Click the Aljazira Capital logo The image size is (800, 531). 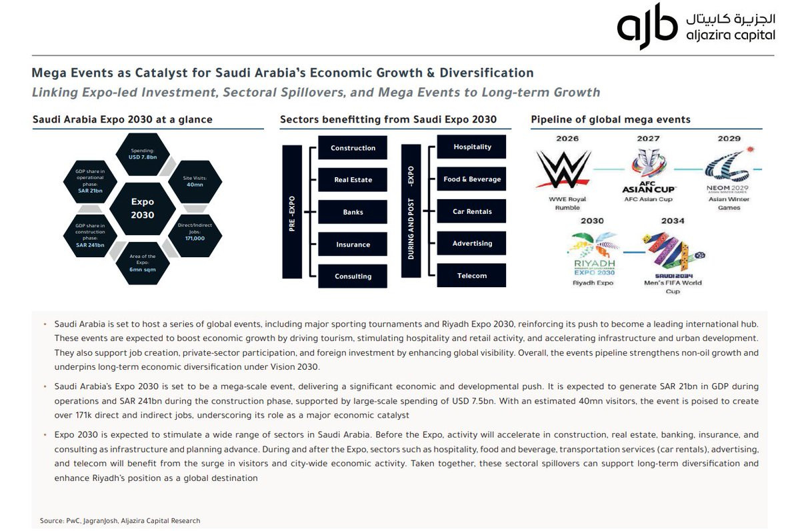coord(695,27)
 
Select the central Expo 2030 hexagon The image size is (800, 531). coord(142,208)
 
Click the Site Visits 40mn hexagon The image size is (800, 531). coord(195,181)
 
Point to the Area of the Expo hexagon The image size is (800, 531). coord(142,263)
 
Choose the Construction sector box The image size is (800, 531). coord(353,148)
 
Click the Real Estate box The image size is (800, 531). coord(353,180)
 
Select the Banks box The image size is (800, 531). coord(353,212)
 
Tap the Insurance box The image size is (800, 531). coord(353,245)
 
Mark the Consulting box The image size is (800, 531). coord(353,276)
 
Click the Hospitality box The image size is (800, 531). coord(472,147)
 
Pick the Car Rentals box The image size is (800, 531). coord(472,211)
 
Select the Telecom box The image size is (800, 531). coord(472,275)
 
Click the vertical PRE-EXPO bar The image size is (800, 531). coord(292,212)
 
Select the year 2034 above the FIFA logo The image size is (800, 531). coord(673,221)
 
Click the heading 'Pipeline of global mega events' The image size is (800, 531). coord(610,120)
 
